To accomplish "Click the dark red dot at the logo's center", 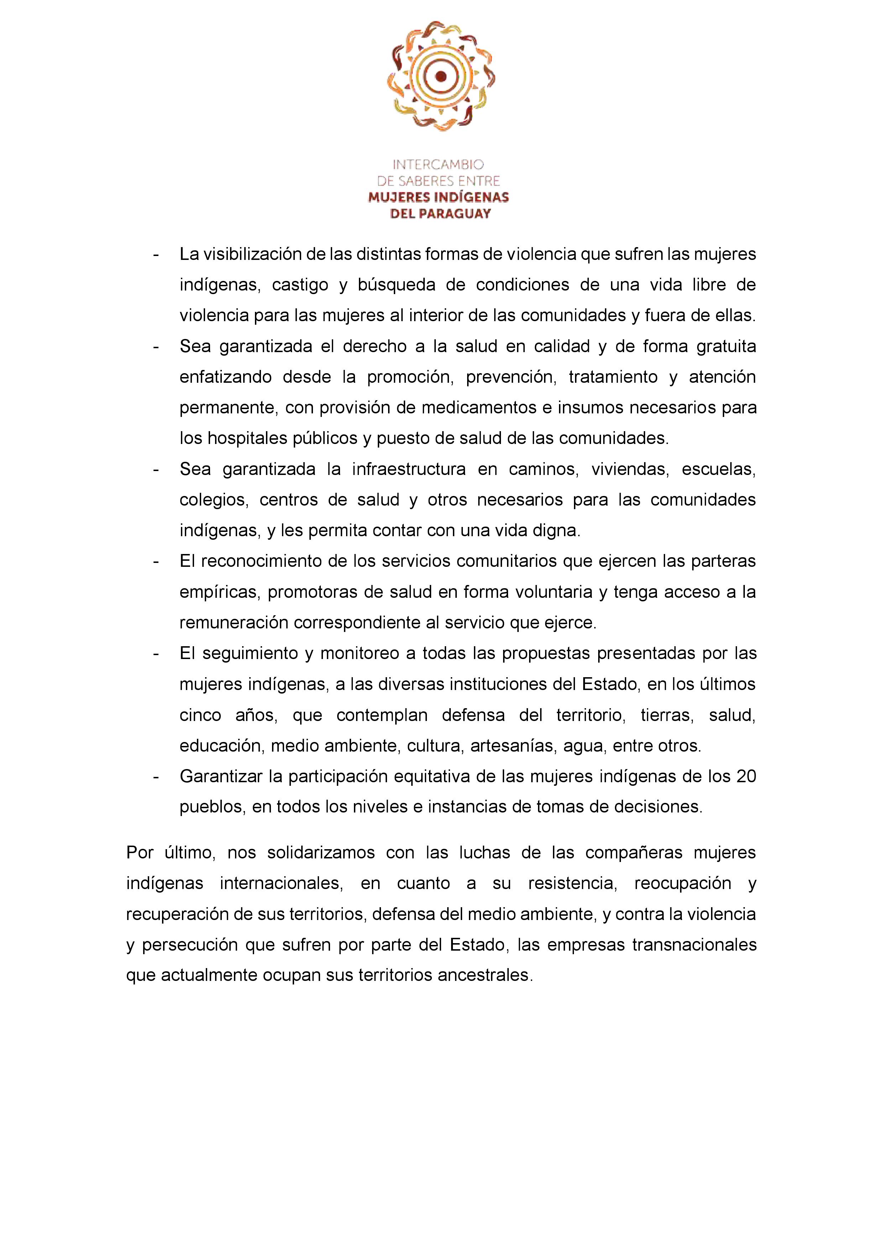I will pyautogui.click(x=441, y=77).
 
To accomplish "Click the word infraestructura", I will pyautogui.click(x=409, y=469).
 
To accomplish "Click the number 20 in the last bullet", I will pyautogui.click(x=746, y=776).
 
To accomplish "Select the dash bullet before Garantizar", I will pyautogui.click(x=157, y=776).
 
